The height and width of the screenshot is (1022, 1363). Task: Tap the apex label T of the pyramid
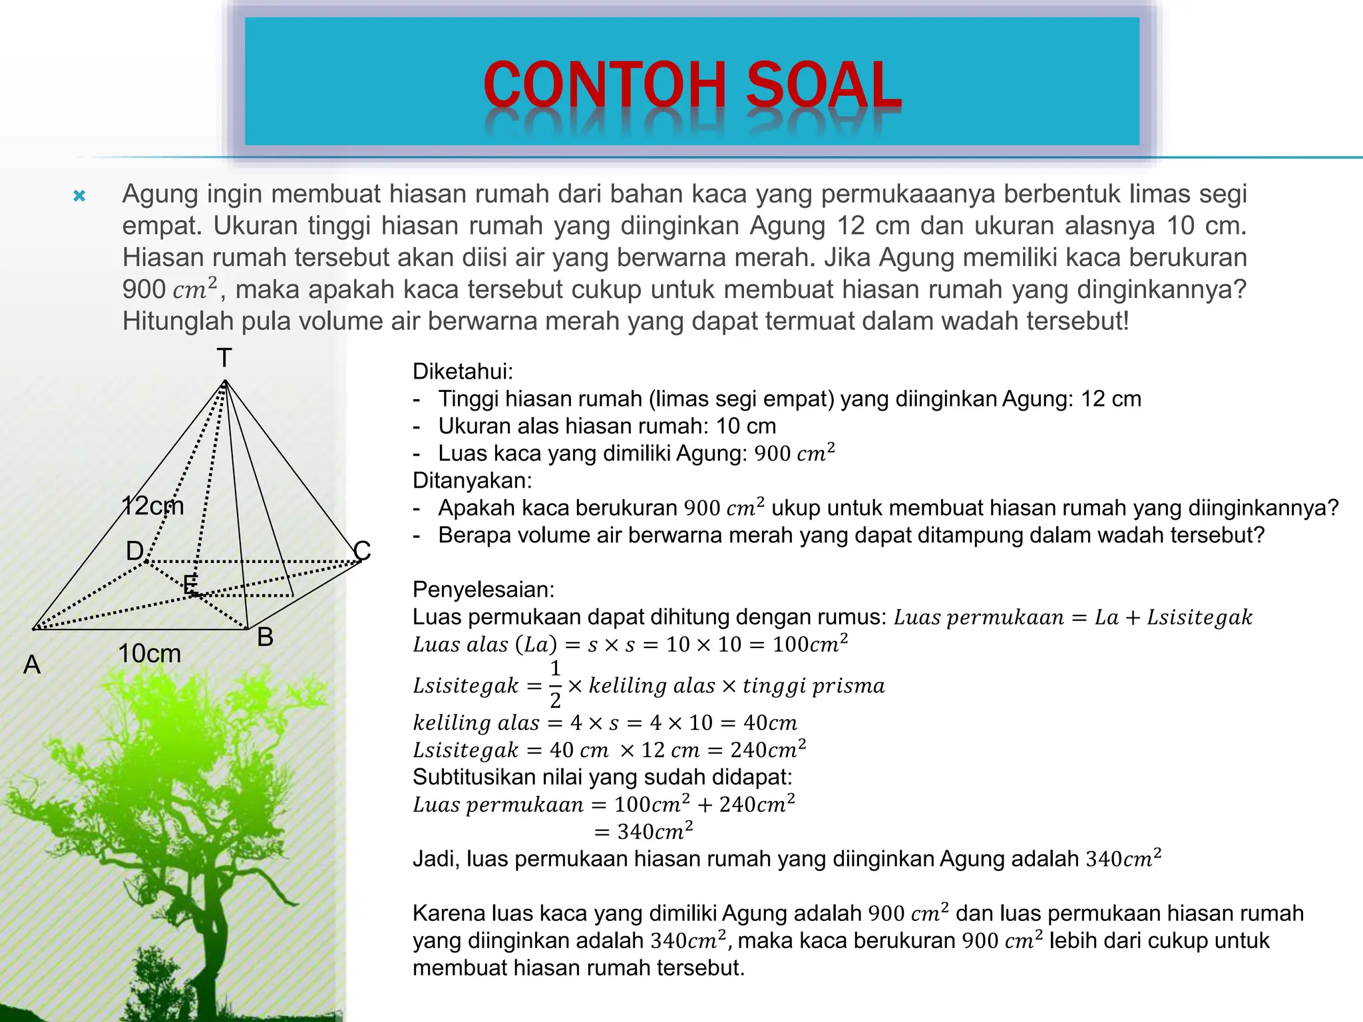(224, 358)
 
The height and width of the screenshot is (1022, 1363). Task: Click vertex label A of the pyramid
(32, 664)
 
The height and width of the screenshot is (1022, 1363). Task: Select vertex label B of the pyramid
(265, 637)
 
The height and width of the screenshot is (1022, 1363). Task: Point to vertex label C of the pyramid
(362, 550)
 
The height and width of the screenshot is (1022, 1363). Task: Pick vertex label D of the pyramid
(134, 551)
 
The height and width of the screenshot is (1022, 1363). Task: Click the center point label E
(190, 585)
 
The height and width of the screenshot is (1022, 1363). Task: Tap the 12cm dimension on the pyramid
(152, 506)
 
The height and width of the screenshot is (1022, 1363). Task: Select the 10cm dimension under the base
(149, 653)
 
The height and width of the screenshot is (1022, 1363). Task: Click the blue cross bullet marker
(79, 196)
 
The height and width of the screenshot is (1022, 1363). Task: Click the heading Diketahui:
(463, 371)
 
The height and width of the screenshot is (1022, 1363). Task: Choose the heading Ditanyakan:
(472, 480)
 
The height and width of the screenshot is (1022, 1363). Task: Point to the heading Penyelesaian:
(483, 590)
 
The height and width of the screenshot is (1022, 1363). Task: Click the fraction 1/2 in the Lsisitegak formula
(555, 684)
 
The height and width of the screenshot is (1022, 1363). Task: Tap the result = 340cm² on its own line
(644, 832)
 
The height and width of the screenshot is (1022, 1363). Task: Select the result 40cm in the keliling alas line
(770, 723)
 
